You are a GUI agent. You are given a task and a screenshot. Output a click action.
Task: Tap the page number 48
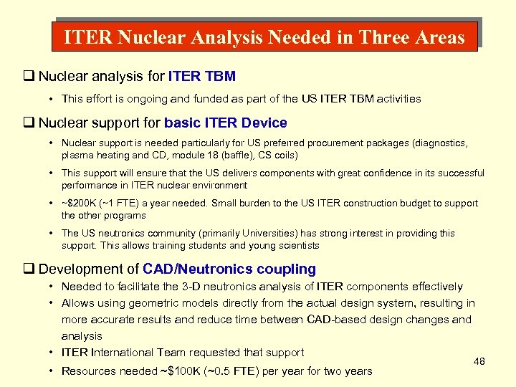point(479,361)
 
